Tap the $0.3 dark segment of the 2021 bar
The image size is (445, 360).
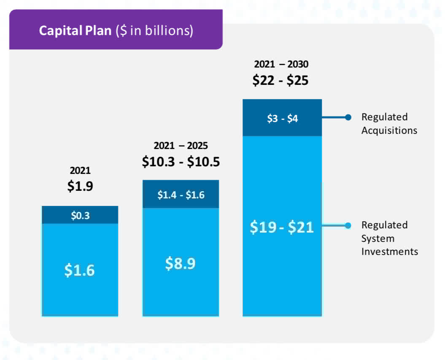click(x=80, y=216)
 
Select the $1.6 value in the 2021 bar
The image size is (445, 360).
click(x=80, y=270)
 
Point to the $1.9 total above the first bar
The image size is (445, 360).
click(x=80, y=186)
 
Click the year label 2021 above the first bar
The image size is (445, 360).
click(x=80, y=171)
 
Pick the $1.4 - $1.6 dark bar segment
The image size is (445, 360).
click(x=181, y=195)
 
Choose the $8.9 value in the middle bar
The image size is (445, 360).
click(x=181, y=263)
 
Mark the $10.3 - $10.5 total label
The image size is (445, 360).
click(x=181, y=162)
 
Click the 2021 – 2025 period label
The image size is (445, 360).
click(x=181, y=146)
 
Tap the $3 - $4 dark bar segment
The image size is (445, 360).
click(x=282, y=119)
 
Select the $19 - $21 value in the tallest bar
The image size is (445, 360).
click(x=282, y=227)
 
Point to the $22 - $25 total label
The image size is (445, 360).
click(x=280, y=80)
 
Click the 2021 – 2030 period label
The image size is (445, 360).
click(x=281, y=65)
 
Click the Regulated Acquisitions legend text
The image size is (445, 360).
click(x=389, y=124)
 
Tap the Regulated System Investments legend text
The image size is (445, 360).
click(x=389, y=238)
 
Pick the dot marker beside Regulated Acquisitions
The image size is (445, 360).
click(x=348, y=117)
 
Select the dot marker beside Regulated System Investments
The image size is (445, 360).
click(x=348, y=225)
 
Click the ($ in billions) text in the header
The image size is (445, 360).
click(x=154, y=31)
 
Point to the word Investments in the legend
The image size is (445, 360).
click(x=389, y=252)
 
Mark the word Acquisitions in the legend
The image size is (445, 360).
click(x=389, y=130)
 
